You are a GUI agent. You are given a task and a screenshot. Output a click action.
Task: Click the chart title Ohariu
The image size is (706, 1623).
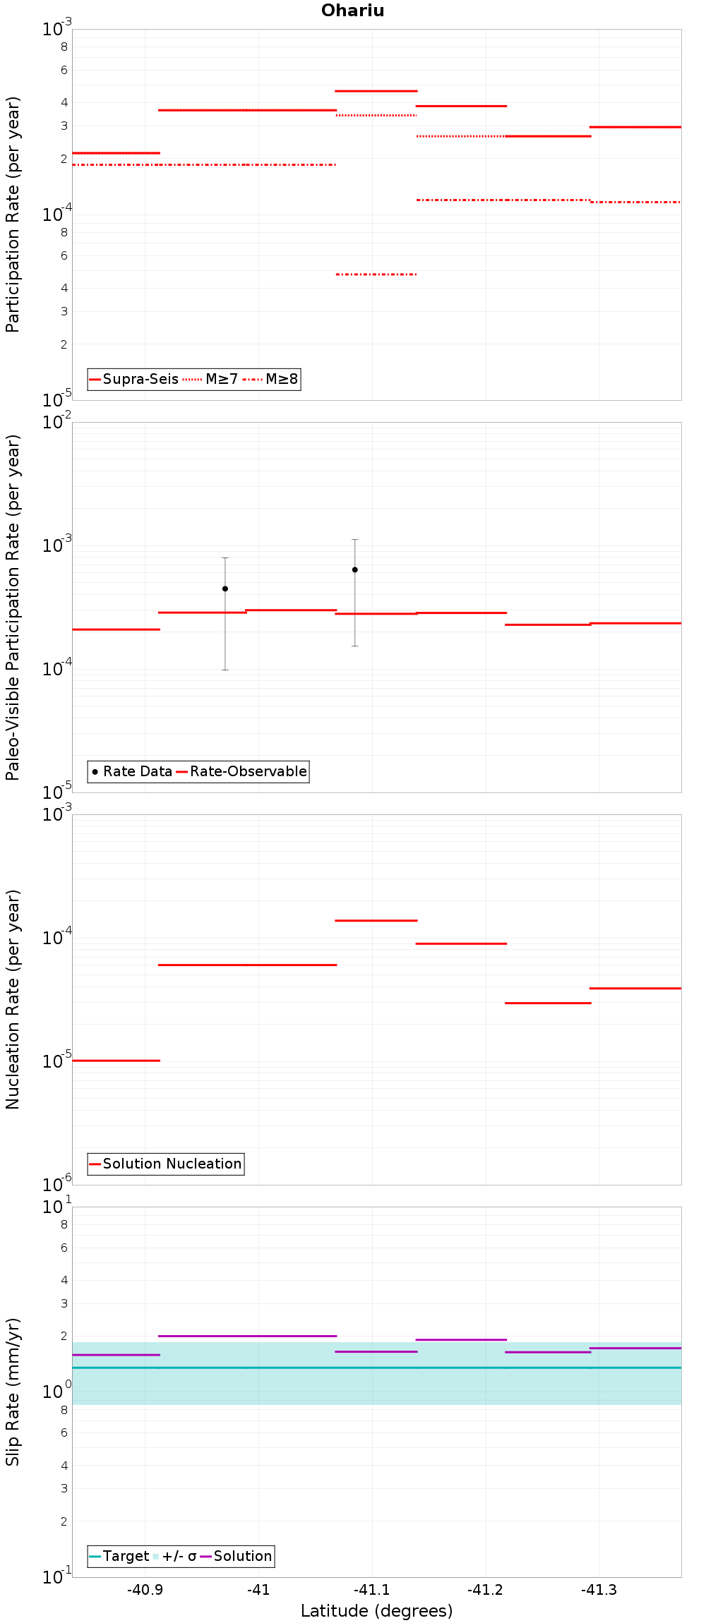352,11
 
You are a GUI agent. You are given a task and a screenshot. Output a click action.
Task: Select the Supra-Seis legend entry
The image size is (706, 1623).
133,379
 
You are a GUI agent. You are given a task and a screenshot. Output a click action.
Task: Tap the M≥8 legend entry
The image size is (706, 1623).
270,379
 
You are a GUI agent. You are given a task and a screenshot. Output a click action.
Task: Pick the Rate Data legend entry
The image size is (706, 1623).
132,771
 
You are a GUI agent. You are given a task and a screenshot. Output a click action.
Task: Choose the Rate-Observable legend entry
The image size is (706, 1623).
241,771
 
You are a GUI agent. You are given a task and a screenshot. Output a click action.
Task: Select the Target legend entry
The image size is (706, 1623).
119,1556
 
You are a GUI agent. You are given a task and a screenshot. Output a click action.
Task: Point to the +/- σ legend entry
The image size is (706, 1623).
174,1556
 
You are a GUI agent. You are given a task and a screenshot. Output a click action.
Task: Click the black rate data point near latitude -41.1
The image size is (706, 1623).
355,569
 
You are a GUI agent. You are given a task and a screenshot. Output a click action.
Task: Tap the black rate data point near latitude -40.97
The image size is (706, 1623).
225,589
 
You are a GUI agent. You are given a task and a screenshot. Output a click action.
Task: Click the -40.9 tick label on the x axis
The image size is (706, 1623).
145,1590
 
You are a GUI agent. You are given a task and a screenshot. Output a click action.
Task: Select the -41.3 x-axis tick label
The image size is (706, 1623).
599,1590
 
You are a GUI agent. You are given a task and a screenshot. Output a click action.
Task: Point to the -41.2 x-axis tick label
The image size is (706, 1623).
485,1590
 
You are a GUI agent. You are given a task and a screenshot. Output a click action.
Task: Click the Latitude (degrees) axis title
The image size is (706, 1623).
376,1611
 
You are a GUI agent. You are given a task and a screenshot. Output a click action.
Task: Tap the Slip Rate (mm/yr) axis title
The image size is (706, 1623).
13,1392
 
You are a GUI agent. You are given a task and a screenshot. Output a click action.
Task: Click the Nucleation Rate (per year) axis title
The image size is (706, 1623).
13,999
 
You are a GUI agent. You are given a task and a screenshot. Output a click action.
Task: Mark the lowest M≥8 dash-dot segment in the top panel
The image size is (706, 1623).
376,274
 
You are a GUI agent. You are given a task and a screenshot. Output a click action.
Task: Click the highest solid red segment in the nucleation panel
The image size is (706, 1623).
376,920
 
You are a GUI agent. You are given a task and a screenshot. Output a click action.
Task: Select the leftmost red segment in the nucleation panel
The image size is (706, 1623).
116,1060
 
